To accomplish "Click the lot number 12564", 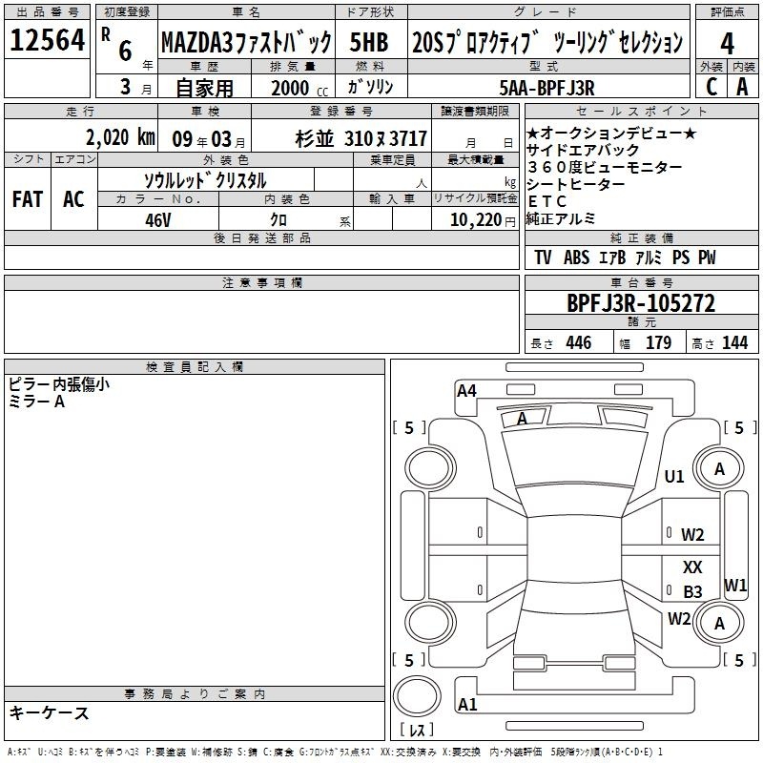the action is pos(47,40).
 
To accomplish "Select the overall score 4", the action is pos(727,44).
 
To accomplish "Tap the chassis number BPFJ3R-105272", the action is pos(641,303).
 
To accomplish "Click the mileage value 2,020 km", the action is pos(120,137).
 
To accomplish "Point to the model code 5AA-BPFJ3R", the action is pos(546,88).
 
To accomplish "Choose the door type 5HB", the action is pos(369,42).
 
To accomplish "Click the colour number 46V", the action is pos(157,220).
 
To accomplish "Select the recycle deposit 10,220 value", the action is pos(476,220).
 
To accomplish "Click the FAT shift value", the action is pos(28,199).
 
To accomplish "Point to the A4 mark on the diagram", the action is pos(466,390).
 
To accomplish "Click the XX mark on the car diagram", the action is pos(692,567).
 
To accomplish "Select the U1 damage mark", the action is pos(674,476).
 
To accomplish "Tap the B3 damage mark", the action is pos(692,591).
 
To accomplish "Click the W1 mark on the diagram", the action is pos(735,585).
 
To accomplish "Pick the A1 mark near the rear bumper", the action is pos(467,704).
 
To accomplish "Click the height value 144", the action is pos(734,342).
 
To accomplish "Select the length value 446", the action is pos(579,342).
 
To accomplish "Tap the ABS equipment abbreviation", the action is pos(576,258).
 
